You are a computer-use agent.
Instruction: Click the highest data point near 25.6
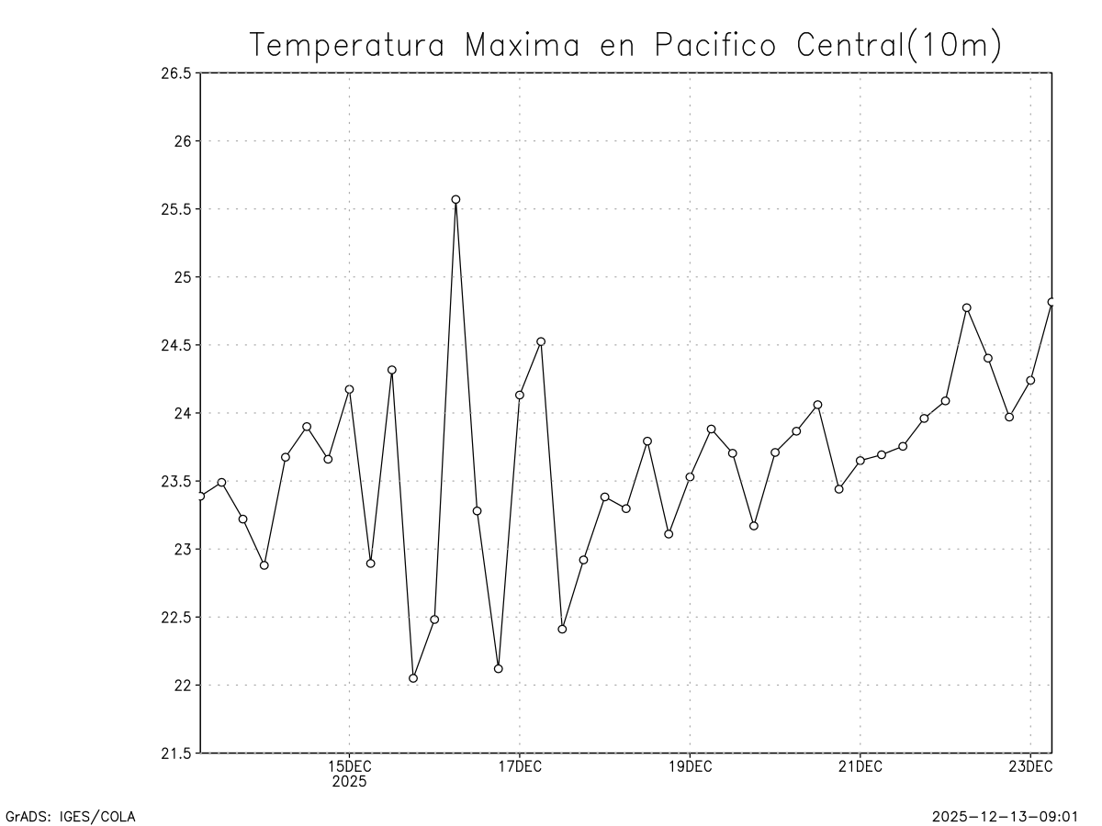click(x=455, y=199)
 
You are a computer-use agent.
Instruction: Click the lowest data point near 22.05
click(x=413, y=678)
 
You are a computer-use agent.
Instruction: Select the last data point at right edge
click(x=1051, y=302)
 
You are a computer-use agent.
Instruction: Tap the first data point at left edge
click(x=200, y=496)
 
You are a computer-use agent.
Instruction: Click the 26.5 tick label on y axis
click(x=175, y=73)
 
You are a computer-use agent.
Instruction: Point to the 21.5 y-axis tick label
click(x=175, y=753)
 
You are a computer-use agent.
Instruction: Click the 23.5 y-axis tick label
click(x=175, y=481)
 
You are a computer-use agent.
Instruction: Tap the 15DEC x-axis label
click(x=349, y=767)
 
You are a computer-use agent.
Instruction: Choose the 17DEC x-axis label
click(x=519, y=767)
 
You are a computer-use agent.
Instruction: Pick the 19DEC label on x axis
click(x=690, y=767)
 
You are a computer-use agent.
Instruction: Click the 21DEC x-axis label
click(x=860, y=767)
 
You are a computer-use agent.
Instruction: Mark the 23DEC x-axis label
click(x=1030, y=767)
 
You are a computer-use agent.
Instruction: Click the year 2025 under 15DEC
click(x=349, y=783)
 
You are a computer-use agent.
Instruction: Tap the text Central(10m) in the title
click(x=899, y=45)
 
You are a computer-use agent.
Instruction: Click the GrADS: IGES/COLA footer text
click(x=72, y=816)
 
